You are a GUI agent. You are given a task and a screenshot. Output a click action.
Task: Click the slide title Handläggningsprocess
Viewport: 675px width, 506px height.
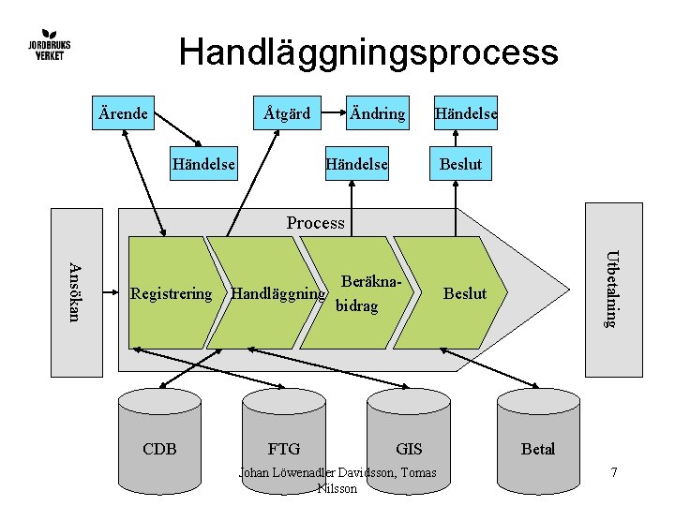click(367, 52)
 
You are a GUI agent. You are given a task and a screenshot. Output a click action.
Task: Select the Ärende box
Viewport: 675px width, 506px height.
click(123, 113)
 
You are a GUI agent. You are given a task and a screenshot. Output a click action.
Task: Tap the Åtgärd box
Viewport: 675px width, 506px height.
click(287, 113)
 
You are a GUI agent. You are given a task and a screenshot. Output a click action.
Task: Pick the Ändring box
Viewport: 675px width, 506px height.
click(377, 113)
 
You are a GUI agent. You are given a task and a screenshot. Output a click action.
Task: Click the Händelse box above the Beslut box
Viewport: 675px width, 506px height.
click(464, 113)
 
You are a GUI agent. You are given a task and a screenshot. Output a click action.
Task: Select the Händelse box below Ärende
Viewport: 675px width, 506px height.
click(203, 164)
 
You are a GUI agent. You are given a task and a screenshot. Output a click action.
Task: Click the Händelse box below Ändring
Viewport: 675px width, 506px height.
click(357, 164)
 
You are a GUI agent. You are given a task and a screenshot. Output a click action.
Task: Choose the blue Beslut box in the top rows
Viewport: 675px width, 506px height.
click(461, 164)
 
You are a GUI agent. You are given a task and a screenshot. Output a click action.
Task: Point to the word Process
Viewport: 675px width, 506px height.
click(315, 223)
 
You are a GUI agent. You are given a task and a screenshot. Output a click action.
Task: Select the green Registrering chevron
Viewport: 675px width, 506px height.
click(172, 293)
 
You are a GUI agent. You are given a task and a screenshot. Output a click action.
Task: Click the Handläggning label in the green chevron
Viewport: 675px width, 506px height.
click(277, 293)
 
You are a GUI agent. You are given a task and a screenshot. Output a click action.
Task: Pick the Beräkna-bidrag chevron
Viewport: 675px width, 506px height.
click(359, 293)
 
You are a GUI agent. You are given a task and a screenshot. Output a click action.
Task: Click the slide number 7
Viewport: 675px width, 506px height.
click(613, 472)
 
